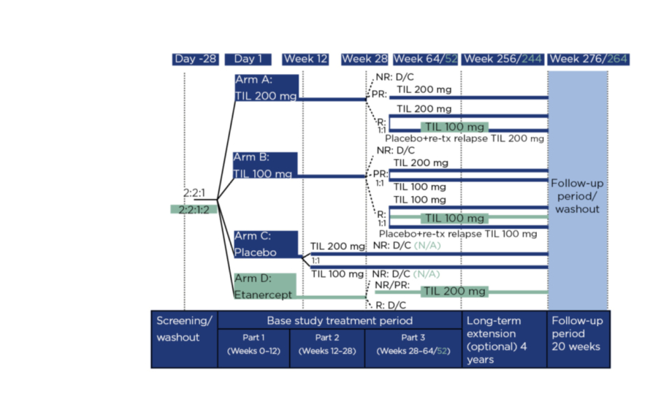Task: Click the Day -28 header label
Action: [196, 59]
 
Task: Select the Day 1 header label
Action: [250, 59]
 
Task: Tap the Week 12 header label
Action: [305, 59]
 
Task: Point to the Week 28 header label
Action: [365, 59]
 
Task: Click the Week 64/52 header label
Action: [425, 59]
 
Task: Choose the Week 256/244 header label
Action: [503, 59]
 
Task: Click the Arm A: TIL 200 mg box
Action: [266, 88]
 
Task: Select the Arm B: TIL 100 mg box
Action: [266, 166]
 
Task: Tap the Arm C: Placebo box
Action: [266, 245]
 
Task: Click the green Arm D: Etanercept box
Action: [266, 287]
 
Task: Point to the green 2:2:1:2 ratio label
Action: [194, 209]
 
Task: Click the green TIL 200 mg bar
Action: [454, 291]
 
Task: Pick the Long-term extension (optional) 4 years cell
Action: [503, 340]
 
